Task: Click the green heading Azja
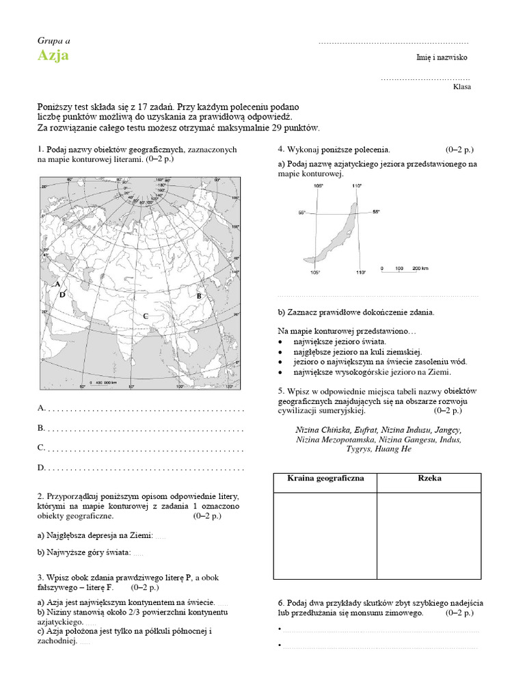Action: pos(53,56)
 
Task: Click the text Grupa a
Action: pos(53,42)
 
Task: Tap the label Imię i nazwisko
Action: pos(442,58)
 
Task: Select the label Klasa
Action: pos(461,87)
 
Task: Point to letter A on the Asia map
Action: pos(58,284)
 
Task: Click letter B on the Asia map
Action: pos(199,296)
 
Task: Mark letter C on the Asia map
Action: pos(145,315)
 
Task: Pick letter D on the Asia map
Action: pos(62,295)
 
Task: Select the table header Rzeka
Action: pos(429,479)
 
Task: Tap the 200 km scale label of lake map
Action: pos(420,269)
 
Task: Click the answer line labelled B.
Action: pos(144,429)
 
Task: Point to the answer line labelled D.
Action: pos(144,468)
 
